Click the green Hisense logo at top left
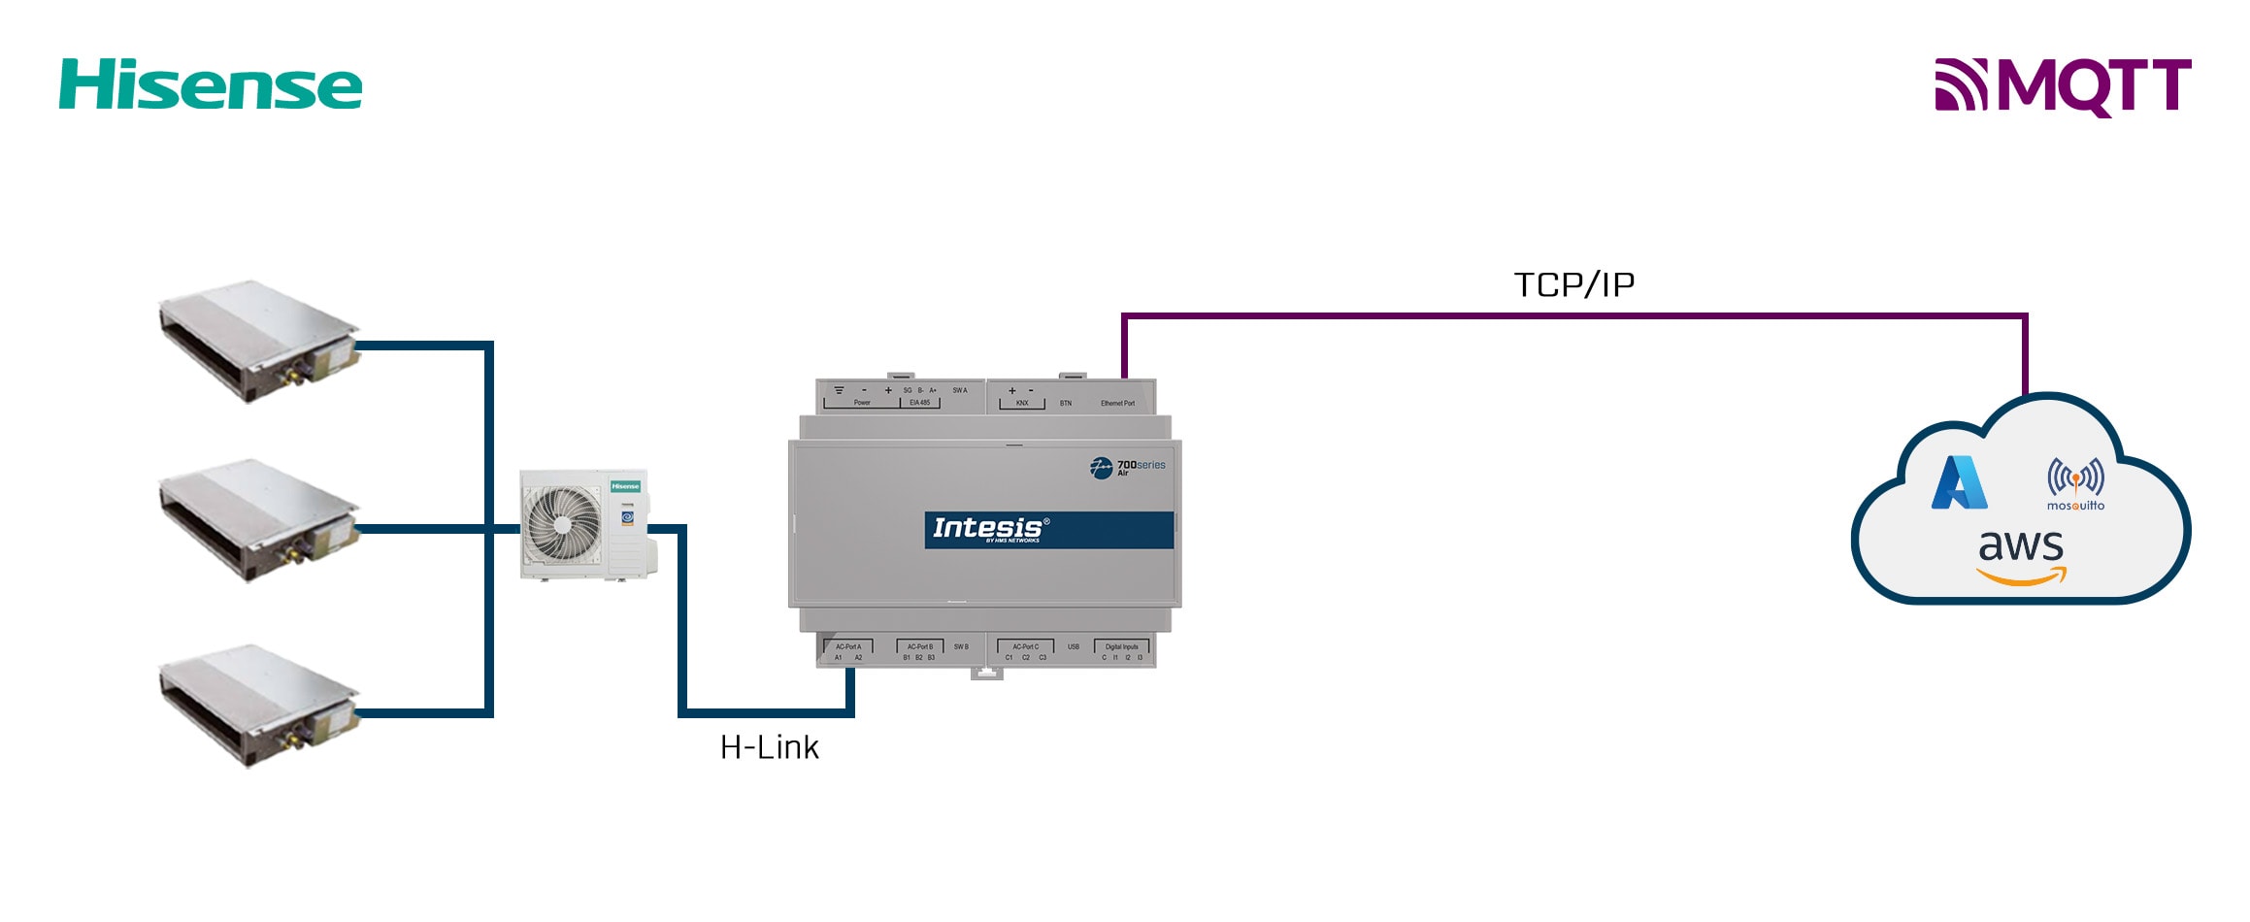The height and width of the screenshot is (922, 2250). pyautogui.click(x=211, y=84)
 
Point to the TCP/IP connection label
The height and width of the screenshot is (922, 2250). pyautogui.click(x=1573, y=285)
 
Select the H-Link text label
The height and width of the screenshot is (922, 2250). pyautogui.click(x=769, y=747)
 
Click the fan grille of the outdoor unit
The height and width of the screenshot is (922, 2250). pyautogui.click(x=562, y=524)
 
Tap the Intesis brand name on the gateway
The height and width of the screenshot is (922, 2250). pyautogui.click(x=987, y=528)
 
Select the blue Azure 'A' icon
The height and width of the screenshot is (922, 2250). pyautogui.click(x=1959, y=482)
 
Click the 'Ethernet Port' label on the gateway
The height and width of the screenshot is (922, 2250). pyautogui.click(x=1117, y=403)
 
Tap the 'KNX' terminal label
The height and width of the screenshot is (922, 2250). pyautogui.click(x=1022, y=403)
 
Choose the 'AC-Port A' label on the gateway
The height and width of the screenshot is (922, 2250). pyautogui.click(x=848, y=646)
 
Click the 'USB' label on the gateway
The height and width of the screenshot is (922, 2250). pyautogui.click(x=1074, y=646)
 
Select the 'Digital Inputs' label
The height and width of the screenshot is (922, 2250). pyautogui.click(x=1121, y=646)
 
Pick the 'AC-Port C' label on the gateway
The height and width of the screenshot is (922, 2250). pyautogui.click(x=1025, y=646)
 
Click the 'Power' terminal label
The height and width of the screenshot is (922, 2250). pyautogui.click(x=862, y=403)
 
